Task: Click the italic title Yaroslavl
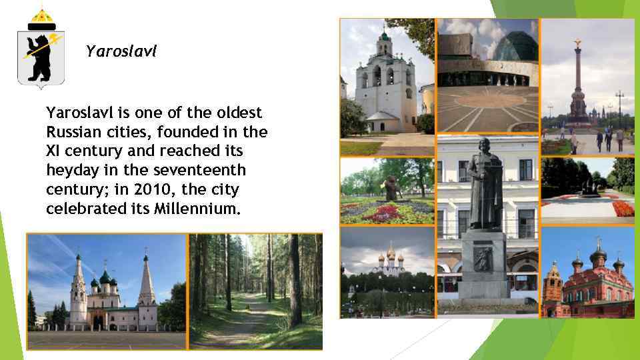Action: [121, 51]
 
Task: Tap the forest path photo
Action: [255, 291]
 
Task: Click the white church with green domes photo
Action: [107, 291]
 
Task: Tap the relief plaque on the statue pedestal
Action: [482, 258]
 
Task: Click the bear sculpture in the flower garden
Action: [391, 189]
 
